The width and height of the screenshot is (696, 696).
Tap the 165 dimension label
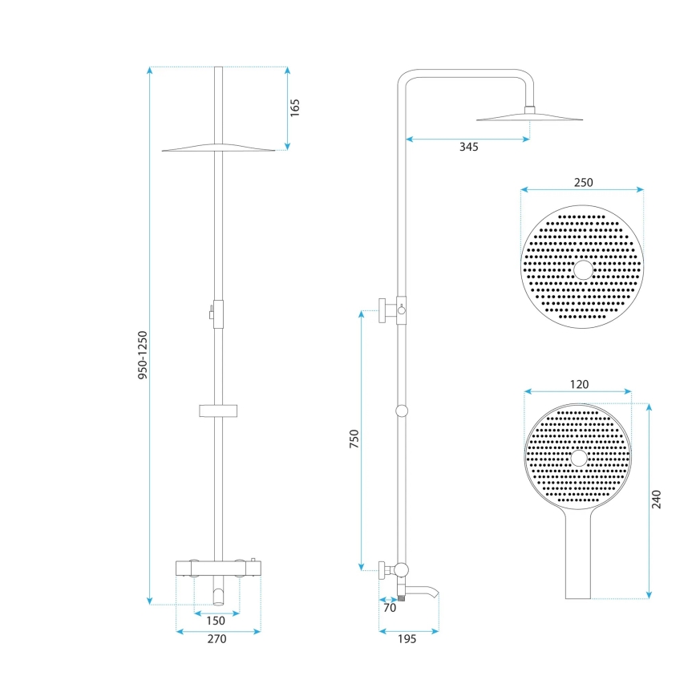coord(294,107)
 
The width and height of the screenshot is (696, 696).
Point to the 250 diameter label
coord(583,182)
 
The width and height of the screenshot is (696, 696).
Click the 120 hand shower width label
coord(578,384)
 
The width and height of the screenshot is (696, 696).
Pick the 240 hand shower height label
coord(657,500)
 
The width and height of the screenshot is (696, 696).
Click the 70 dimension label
coord(390,608)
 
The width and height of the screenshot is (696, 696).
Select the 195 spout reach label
coord(408,638)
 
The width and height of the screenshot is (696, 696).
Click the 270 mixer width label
coord(216,639)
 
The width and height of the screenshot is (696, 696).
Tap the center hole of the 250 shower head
coord(583,269)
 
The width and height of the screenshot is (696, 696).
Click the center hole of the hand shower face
coord(578,458)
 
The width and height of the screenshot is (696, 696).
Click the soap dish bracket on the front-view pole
coord(219,411)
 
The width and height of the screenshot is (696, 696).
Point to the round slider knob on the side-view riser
coord(402,411)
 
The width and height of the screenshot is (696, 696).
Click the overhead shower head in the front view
coord(219,148)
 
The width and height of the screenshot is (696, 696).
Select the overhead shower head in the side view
coord(529,119)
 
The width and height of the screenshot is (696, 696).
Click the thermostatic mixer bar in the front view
coord(218,569)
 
